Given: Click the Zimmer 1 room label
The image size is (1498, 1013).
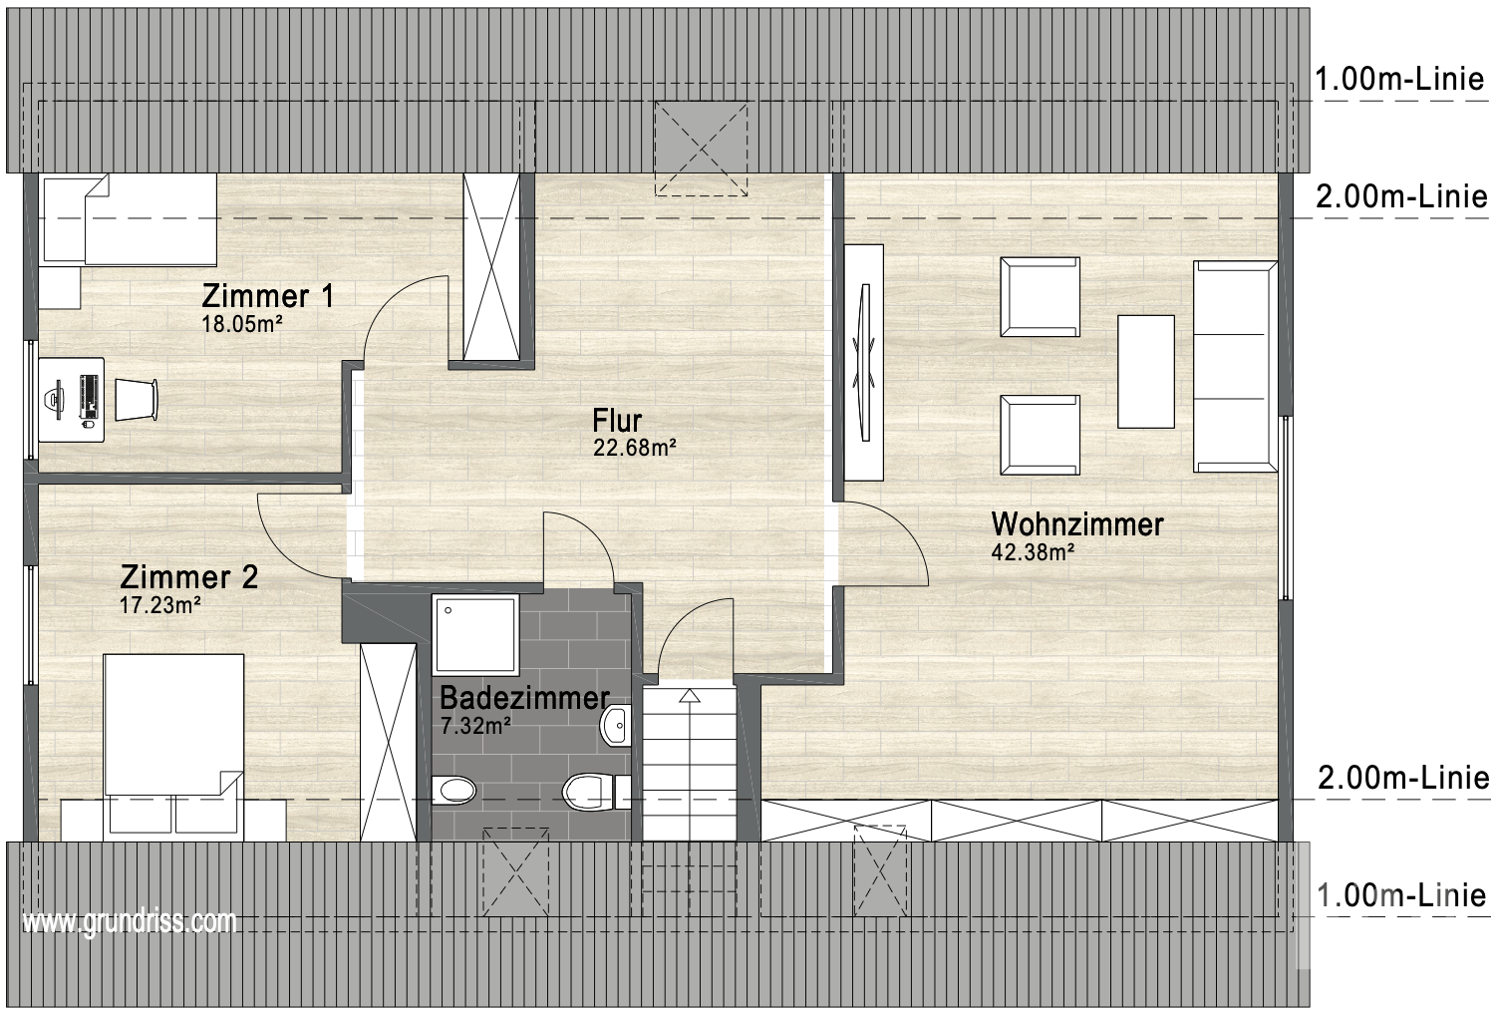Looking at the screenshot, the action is (267, 296).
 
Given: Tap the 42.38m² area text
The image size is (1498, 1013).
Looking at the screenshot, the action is (1033, 552).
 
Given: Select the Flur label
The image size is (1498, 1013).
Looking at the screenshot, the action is (617, 420).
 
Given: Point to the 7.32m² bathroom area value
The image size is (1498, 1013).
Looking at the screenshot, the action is (475, 725).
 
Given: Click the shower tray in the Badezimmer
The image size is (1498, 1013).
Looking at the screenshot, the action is (475, 634).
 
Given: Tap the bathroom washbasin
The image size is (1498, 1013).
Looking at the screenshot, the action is (615, 725).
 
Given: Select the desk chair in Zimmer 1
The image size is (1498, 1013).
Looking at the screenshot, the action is (137, 400).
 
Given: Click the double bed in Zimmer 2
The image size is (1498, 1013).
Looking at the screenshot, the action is (173, 748).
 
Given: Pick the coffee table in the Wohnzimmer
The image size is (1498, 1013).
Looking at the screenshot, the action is (1145, 371).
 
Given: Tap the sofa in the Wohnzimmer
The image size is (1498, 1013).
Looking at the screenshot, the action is (1236, 367).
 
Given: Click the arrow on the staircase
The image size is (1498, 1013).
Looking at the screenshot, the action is (689, 696).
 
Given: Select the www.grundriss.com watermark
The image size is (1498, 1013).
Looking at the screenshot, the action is (130, 922).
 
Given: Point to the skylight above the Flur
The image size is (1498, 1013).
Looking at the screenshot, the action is (701, 149).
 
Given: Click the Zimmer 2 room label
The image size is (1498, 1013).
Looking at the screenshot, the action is (189, 576).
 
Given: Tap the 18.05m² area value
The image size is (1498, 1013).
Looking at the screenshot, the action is (242, 324).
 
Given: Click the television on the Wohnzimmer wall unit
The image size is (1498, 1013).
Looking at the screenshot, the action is (864, 362).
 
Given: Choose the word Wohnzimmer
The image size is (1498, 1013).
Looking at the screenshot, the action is (1077, 523).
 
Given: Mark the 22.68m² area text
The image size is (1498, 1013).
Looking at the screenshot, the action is (635, 447).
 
